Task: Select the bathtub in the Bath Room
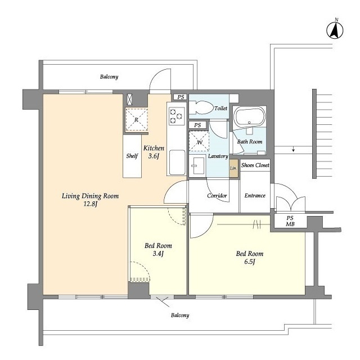[x=249, y=117]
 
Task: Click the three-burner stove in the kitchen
[x=177, y=116]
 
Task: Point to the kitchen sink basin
[x=177, y=162]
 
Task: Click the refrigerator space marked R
[x=136, y=119]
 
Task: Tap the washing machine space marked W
[x=199, y=141]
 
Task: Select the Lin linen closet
[x=233, y=168]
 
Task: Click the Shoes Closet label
[x=255, y=165]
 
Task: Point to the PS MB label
[x=290, y=221]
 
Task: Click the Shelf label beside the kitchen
[x=132, y=156]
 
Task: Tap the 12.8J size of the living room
[x=90, y=204]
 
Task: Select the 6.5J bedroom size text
[x=250, y=262]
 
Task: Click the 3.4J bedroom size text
[x=158, y=254]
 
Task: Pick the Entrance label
[x=255, y=196]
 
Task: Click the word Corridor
[x=217, y=196]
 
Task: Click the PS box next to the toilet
[x=181, y=97]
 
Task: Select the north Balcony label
[x=109, y=76]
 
